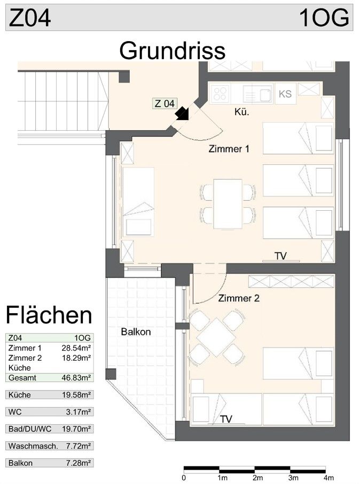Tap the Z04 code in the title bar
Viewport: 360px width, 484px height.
30,18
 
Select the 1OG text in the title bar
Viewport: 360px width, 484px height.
324,18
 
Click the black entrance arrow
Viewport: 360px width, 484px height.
182,113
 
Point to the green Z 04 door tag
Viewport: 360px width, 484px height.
165,104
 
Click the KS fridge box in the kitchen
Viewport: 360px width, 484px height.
285,94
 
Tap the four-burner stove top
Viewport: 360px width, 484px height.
220,94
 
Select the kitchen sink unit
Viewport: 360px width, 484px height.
257,94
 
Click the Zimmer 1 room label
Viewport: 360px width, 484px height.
229,149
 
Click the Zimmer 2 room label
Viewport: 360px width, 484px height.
239,298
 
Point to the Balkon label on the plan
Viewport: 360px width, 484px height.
136,332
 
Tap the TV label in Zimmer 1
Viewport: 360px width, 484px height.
280,256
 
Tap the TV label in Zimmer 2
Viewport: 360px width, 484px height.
226,419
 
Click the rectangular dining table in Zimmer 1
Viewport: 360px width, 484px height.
228,204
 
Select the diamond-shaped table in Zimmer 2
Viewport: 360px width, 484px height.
216,337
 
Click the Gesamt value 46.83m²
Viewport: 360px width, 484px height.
76,377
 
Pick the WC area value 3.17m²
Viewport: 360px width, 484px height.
78,412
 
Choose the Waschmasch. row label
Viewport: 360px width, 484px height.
33,446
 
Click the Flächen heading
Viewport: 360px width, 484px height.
49,315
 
